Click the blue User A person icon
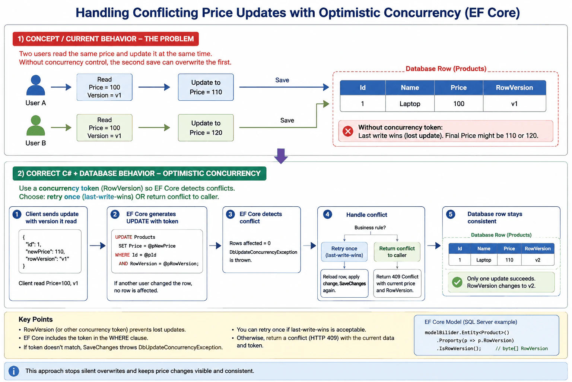(35, 85)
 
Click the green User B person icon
(35, 125)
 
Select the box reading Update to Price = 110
(206, 87)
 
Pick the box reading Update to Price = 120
(206, 128)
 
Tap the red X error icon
(348, 131)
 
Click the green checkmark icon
(457, 282)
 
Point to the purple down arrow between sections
(281, 156)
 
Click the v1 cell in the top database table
(514, 104)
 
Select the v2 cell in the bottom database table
(538, 260)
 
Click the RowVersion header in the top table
(514, 88)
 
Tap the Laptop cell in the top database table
(410, 104)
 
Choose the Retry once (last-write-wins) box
(344, 252)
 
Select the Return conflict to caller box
(397, 252)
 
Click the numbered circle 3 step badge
(231, 214)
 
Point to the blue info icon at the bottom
(14, 371)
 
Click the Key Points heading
(35, 319)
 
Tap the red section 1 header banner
(106, 39)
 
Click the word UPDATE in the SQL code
(124, 237)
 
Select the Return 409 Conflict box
(397, 283)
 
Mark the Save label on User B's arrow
(287, 120)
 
